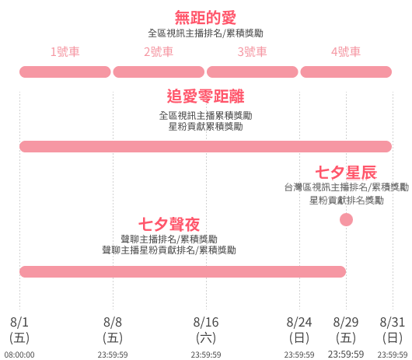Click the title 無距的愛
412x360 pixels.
(x=205, y=17)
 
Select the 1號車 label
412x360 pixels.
(x=65, y=51)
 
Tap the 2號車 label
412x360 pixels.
(x=159, y=51)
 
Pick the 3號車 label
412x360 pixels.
(x=252, y=51)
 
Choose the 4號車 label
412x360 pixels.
(x=346, y=51)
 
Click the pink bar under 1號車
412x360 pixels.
(x=65, y=72)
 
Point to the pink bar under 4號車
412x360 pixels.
(x=346, y=72)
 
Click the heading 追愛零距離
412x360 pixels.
(x=205, y=96)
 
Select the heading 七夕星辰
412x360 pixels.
(x=346, y=173)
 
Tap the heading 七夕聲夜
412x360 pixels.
(x=169, y=224)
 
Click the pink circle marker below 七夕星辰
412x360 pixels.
(x=346, y=220)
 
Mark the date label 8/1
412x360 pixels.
(x=19, y=322)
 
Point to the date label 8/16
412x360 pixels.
(x=206, y=322)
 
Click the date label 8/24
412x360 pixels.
(x=299, y=322)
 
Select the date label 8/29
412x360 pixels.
(x=346, y=322)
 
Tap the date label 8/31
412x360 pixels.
(x=393, y=322)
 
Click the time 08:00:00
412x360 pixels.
(x=19, y=355)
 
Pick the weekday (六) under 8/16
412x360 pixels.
(x=206, y=338)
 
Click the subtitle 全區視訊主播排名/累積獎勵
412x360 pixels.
(x=205, y=33)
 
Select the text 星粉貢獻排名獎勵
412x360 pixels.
(x=346, y=201)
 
